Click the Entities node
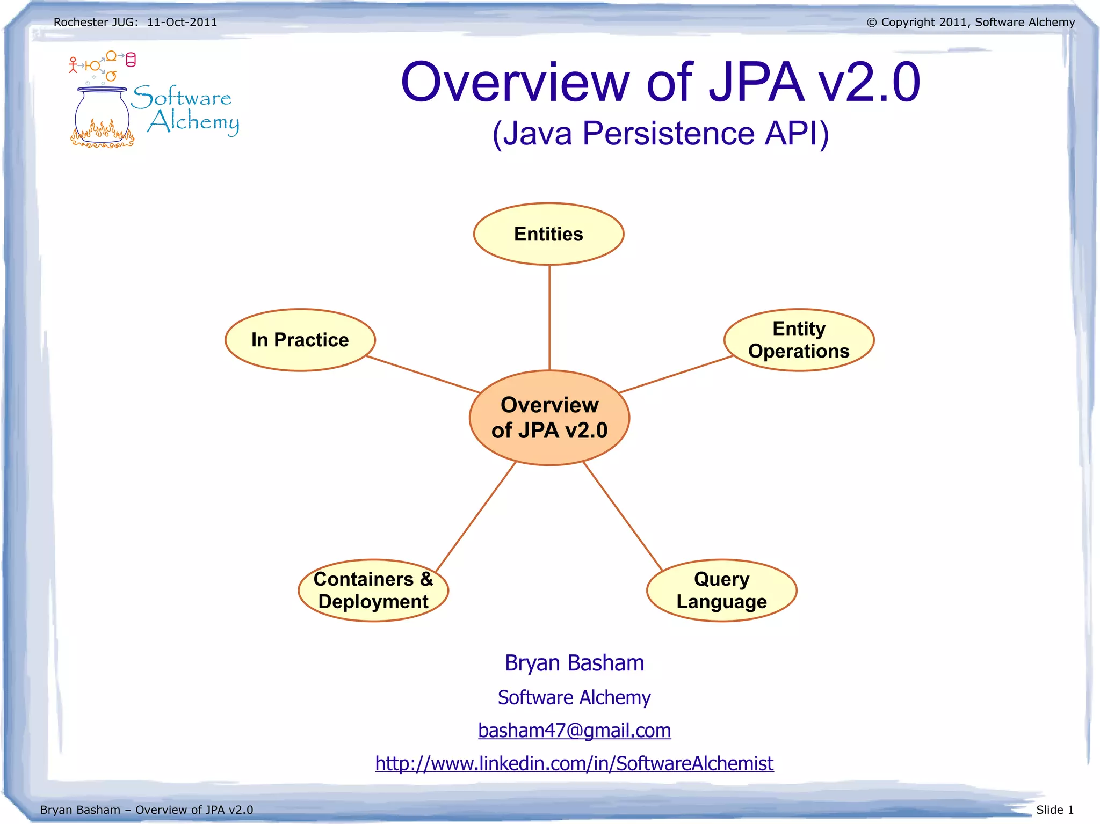pyautogui.click(x=548, y=234)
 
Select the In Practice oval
pyautogui.click(x=300, y=340)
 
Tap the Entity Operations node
pyautogui.click(x=799, y=340)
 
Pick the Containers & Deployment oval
pyautogui.click(x=373, y=590)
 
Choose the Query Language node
pyautogui.click(x=721, y=590)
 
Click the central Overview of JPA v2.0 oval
pyautogui.click(x=549, y=418)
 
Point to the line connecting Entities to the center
pyautogui.click(x=549, y=317)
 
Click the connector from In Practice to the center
pyautogui.click(x=423, y=374)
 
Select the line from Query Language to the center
pyautogui.click(x=623, y=516)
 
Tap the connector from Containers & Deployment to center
pyautogui.click(x=475, y=516)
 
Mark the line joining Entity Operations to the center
pyautogui.click(x=676, y=374)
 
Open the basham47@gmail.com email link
pyautogui.click(x=574, y=731)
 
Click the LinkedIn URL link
pyautogui.click(x=574, y=763)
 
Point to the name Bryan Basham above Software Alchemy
pyautogui.click(x=574, y=663)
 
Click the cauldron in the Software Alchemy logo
pyautogui.click(x=102, y=115)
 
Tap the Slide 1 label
pyautogui.click(x=1054, y=810)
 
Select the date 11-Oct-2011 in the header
pyautogui.click(x=182, y=23)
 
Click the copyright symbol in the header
pyautogui.click(x=871, y=23)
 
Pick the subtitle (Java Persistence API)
pyautogui.click(x=660, y=133)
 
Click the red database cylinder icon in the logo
pyautogui.click(x=131, y=60)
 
